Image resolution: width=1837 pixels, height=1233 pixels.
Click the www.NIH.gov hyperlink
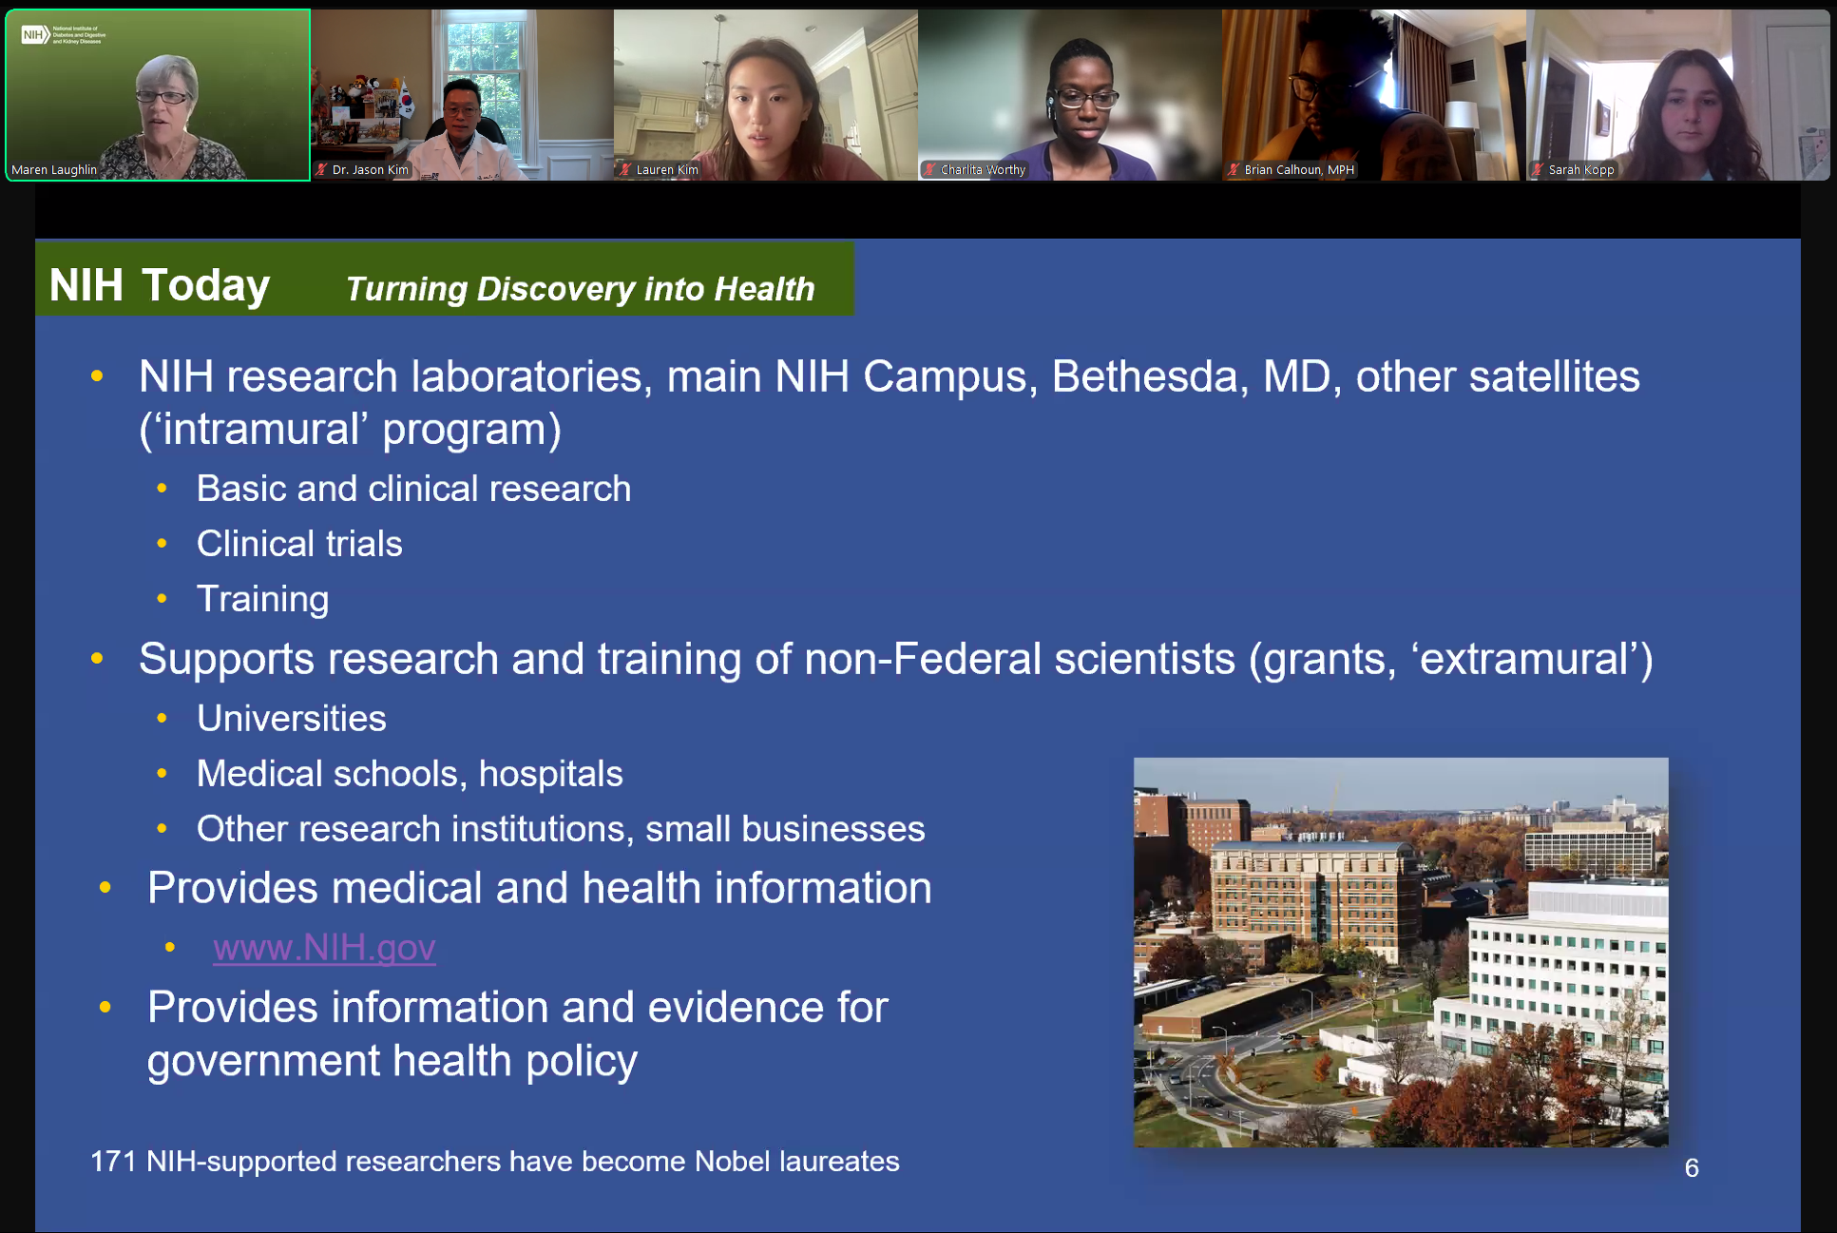pyautogui.click(x=324, y=947)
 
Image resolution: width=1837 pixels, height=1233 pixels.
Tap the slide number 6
pyautogui.click(x=1692, y=1167)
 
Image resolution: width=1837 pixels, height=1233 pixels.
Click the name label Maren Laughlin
pyautogui.click(x=54, y=170)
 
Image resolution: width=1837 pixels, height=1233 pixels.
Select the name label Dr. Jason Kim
pyautogui.click(x=370, y=170)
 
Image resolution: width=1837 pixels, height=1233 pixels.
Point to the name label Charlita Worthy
pyautogui.click(x=983, y=170)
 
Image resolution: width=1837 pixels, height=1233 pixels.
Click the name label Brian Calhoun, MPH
pyautogui.click(x=1298, y=170)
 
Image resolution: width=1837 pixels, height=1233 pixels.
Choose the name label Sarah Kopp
pyautogui.click(x=1580, y=170)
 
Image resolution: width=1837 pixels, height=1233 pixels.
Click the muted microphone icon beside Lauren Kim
pyautogui.click(x=625, y=170)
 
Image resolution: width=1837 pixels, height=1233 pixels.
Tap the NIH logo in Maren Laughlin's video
pyautogui.click(x=34, y=35)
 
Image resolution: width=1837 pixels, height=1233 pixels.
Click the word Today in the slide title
pyautogui.click(x=205, y=285)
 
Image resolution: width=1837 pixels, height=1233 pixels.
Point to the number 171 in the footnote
pyautogui.click(x=113, y=1161)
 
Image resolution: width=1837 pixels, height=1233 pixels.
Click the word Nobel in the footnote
pyautogui.click(x=732, y=1161)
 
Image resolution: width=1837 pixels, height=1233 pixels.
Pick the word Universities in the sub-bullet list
pyautogui.click(x=292, y=719)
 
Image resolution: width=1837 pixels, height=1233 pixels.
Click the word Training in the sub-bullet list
pyautogui.click(x=262, y=599)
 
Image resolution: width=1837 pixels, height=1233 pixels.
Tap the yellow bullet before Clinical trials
pyautogui.click(x=163, y=544)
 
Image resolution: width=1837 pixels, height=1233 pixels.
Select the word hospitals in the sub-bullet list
pyautogui.click(x=550, y=774)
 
